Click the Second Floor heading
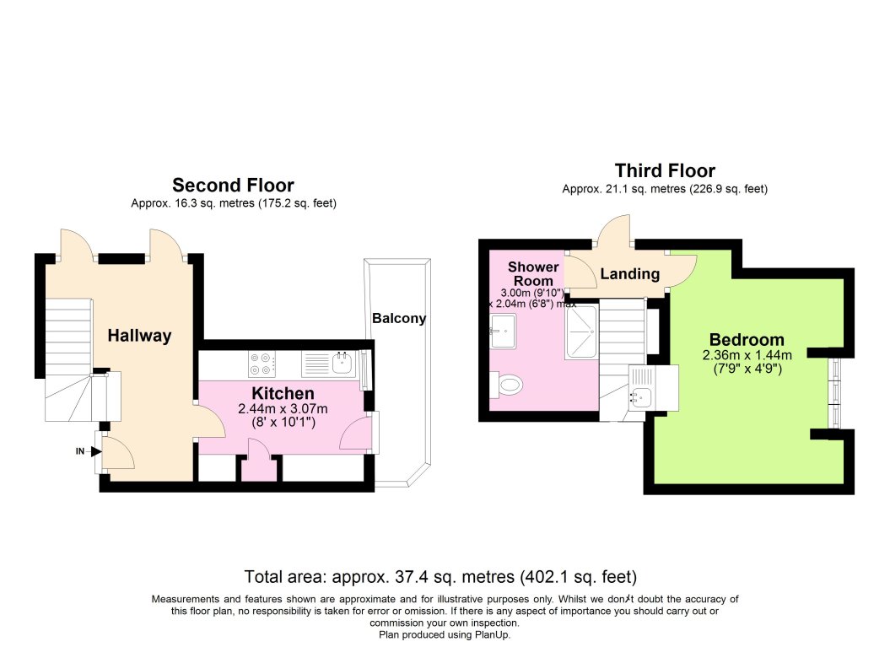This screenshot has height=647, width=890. tap(234, 186)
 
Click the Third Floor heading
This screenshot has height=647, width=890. tap(665, 171)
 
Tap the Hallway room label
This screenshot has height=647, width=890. tap(140, 336)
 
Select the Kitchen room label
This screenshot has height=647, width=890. tap(283, 393)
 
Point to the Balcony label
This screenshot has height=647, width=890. tap(399, 318)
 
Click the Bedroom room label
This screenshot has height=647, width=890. tap(747, 340)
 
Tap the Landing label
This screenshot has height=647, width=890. tap(630, 274)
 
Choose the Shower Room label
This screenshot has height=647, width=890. tap(533, 273)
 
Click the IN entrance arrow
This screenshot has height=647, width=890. tap(96, 451)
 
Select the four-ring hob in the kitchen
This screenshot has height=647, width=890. tap(262, 364)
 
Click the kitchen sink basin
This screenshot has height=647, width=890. tap(343, 364)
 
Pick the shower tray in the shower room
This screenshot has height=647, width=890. tap(581, 332)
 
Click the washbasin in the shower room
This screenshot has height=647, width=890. tap(503, 331)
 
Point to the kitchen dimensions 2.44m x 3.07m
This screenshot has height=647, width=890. tap(283, 408)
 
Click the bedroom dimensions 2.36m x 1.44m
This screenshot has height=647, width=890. tap(747, 356)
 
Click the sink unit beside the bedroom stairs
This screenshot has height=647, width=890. tap(654, 388)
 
